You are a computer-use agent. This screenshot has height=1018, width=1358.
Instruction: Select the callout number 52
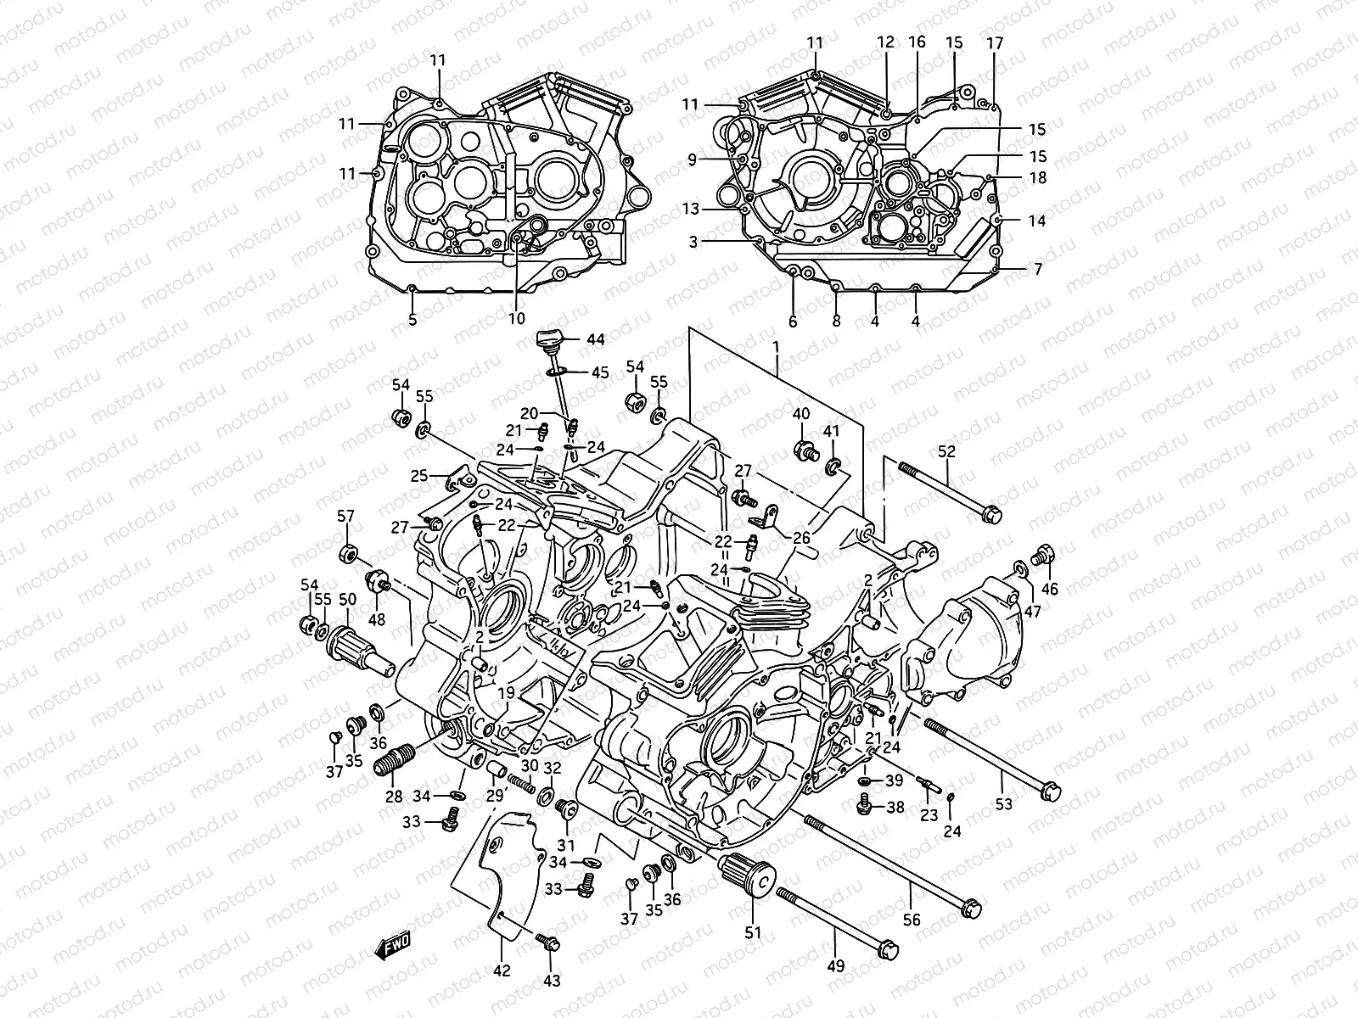click(x=946, y=452)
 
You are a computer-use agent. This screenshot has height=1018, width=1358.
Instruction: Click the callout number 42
click(x=502, y=970)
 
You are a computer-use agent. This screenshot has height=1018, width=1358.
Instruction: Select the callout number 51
click(x=753, y=932)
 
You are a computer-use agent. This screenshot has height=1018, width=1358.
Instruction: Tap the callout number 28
click(x=394, y=797)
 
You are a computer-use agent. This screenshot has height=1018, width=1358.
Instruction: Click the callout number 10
click(x=517, y=319)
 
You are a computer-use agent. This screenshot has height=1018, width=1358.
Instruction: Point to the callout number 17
click(x=995, y=42)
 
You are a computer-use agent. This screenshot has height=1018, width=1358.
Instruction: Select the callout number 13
click(x=693, y=209)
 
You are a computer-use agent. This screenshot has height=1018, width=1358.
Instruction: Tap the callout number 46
click(x=1049, y=589)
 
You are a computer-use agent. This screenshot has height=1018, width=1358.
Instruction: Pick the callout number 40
click(x=801, y=414)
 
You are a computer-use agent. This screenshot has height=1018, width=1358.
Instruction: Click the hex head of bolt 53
click(x=1050, y=791)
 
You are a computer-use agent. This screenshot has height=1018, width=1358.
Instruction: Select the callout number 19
click(x=506, y=694)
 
